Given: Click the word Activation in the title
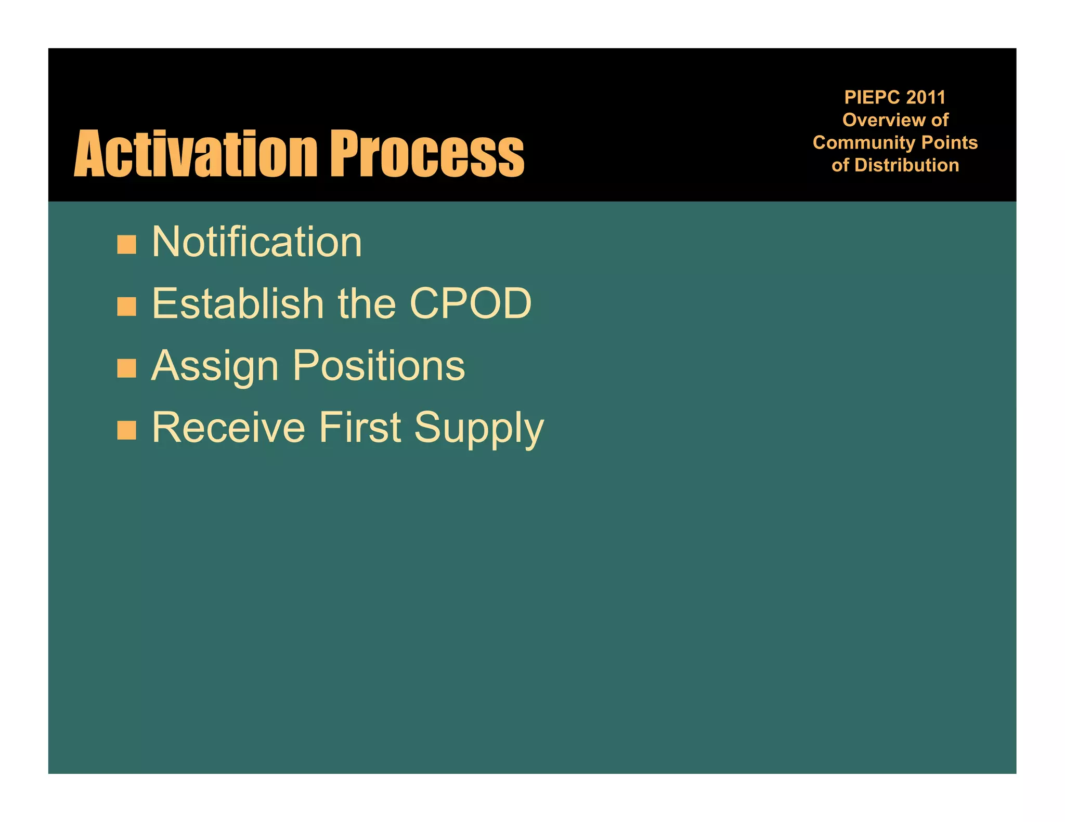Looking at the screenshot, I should pos(196,154).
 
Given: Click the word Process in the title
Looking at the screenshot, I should pos(427,154).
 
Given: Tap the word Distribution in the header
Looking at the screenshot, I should pos(906,165).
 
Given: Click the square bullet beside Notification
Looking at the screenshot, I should pos(126,244).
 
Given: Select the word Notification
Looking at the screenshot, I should pos(257,242).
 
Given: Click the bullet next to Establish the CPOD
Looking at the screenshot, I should pos(126,307).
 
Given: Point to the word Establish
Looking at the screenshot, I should pos(238,303).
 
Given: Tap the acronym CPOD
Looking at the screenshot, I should pos(471,303).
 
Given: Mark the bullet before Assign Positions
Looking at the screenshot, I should pos(126,368).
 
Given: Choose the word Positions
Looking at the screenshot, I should pos(379,366).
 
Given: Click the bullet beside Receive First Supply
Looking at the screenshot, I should pos(126,430).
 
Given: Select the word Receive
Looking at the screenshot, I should pos(228,428).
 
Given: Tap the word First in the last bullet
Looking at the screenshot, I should pos(360,428).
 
